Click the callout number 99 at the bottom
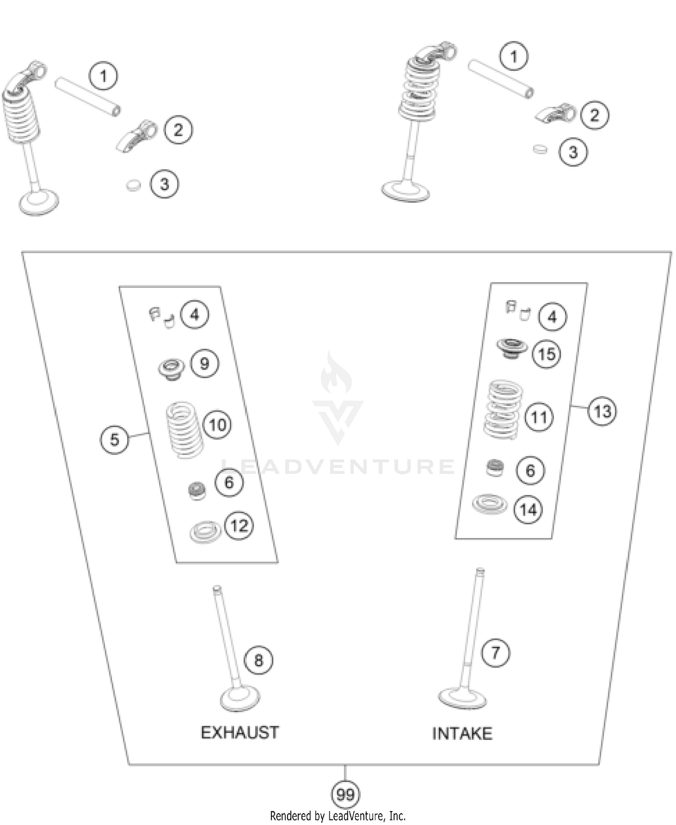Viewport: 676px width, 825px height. pyautogui.click(x=345, y=794)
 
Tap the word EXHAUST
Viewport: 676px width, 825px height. pyautogui.click(x=240, y=733)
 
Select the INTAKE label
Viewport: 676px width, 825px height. pyautogui.click(x=462, y=733)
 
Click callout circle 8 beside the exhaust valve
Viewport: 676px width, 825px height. pyautogui.click(x=258, y=660)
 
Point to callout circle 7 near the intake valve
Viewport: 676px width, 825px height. pyautogui.click(x=495, y=653)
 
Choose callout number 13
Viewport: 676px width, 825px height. pyautogui.click(x=603, y=411)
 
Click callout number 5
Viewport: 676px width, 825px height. pyautogui.click(x=114, y=439)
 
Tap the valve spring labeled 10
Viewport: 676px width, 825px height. pyautogui.click(x=185, y=430)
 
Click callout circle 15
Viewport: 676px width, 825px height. pyautogui.click(x=547, y=354)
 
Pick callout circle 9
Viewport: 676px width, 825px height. pyautogui.click(x=205, y=363)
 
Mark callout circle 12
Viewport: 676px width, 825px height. pyautogui.click(x=239, y=525)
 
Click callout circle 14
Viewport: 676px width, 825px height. pyautogui.click(x=528, y=510)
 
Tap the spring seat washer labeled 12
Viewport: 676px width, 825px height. pyautogui.click(x=206, y=532)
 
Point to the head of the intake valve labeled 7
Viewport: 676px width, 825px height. pyautogui.click(x=462, y=699)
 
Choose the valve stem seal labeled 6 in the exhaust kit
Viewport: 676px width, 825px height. pyautogui.click(x=197, y=490)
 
